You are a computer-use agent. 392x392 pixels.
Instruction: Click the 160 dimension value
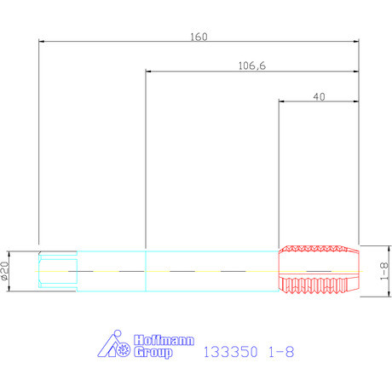tap(199, 37)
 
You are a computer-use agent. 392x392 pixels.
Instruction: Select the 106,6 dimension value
tap(252, 66)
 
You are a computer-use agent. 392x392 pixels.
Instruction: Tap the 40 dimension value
tap(319, 97)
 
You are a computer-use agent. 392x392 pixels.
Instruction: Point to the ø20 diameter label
tap(5, 271)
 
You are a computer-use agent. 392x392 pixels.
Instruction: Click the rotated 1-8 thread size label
tap(383, 271)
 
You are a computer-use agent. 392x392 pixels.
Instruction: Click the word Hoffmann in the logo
tap(164, 340)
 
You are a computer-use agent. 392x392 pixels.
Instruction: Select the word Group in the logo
tap(153, 352)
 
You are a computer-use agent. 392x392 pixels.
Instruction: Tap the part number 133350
tap(230, 352)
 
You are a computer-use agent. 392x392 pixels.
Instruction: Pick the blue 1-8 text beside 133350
tap(281, 352)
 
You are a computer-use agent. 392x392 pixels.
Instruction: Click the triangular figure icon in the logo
tap(109, 345)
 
